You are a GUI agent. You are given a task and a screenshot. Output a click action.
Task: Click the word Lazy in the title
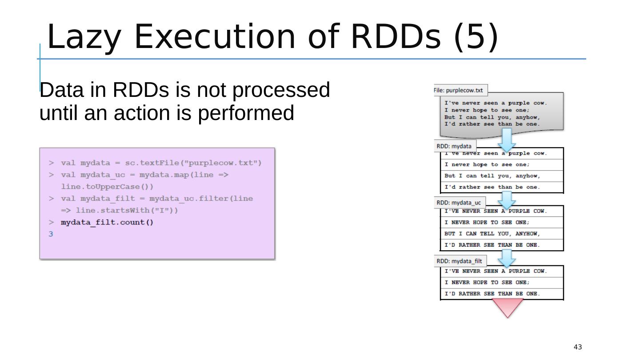(x=83, y=36)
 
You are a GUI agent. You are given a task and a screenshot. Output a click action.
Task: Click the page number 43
(x=578, y=347)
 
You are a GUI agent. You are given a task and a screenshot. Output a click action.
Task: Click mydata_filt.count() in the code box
(x=107, y=222)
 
